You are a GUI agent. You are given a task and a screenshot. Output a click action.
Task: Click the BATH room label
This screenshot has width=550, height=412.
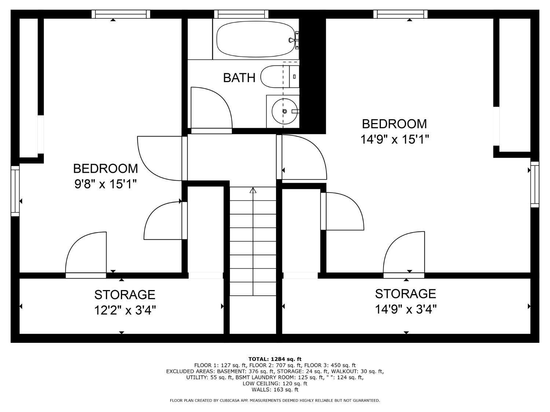tap(239, 78)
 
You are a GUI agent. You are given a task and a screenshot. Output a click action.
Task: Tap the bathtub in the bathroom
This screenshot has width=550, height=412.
tap(256, 39)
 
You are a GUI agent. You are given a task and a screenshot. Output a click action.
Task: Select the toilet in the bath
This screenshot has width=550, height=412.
tap(280, 77)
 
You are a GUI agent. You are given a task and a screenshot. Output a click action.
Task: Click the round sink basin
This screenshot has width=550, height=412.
tap(285, 111)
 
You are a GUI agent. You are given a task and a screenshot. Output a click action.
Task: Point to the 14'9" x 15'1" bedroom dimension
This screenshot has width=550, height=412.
tap(395, 139)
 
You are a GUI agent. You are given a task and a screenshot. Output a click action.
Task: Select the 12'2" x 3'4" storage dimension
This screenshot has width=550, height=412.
tap(125, 311)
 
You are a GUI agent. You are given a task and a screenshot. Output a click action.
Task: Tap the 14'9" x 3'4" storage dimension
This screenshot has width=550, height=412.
tap(406, 309)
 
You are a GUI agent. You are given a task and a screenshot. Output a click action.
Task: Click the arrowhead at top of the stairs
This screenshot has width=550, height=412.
tap(253, 190)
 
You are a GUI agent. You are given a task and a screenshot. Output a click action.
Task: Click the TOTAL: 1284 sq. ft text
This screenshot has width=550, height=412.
tap(275, 359)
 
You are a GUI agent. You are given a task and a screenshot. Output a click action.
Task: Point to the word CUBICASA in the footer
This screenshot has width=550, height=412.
tap(230, 401)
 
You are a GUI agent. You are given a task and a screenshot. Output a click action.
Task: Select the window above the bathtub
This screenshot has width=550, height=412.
tap(241, 14)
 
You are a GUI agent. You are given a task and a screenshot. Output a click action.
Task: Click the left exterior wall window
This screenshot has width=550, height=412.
tap(15, 191)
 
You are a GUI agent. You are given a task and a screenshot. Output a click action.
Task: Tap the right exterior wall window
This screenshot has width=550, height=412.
tap(535, 184)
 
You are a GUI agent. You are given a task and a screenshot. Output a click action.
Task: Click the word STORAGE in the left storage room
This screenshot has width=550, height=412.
tap(125, 295)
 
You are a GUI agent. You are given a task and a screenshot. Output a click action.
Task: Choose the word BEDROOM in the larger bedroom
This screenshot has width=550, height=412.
tap(395, 124)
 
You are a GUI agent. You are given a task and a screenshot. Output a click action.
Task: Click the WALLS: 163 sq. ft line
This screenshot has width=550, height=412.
tap(275, 390)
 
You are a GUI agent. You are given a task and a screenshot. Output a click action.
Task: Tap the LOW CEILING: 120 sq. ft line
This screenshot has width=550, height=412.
tap(275, 383)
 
